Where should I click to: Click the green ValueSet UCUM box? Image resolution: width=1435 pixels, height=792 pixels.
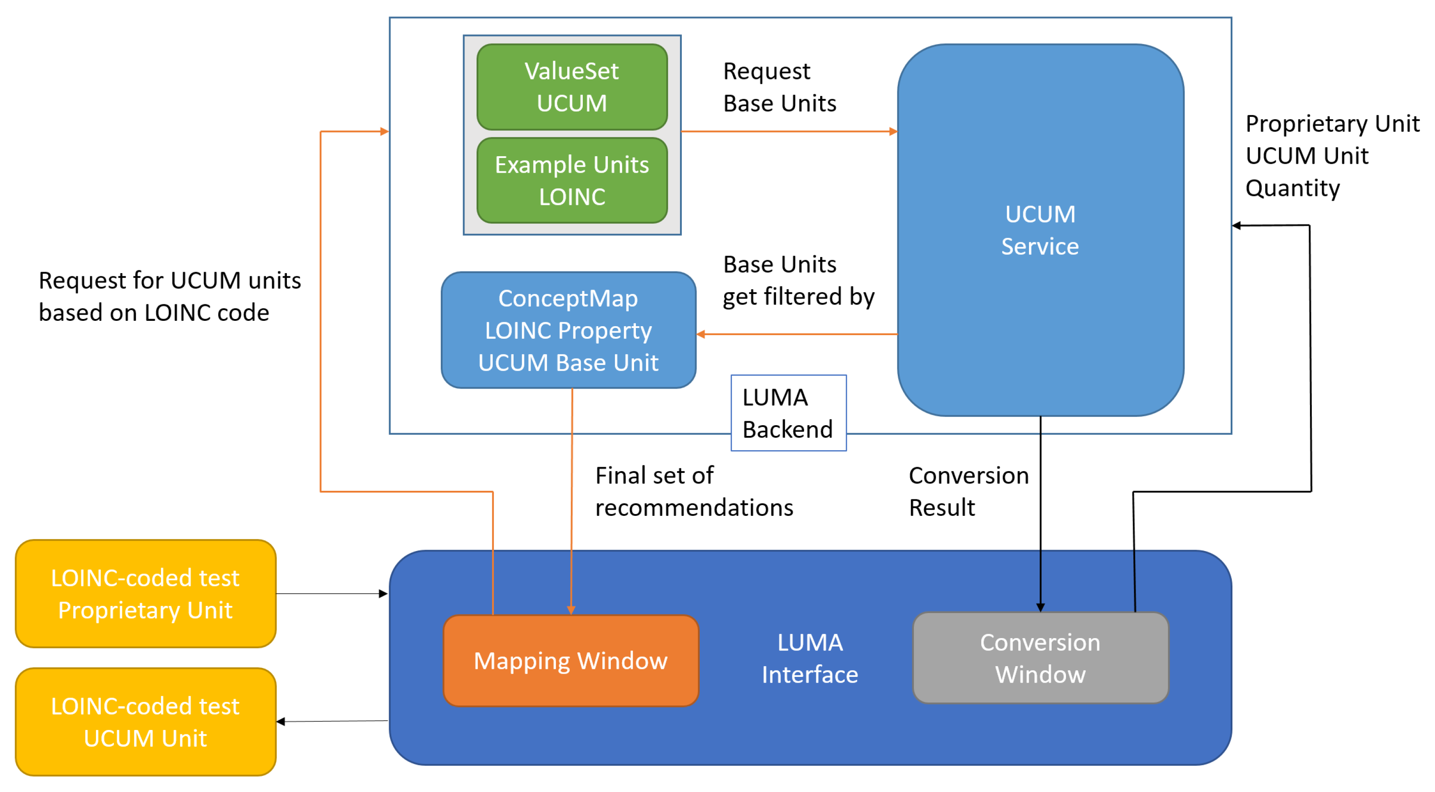[572, 87]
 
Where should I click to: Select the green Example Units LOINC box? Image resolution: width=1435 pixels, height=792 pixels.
[572, 180]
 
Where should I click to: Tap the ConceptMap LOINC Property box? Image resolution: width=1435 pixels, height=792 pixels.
[568, 330]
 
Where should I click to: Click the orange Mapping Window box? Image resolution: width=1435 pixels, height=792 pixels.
[570, 660]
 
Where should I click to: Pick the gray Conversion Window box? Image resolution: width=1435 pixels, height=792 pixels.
[1040, 658]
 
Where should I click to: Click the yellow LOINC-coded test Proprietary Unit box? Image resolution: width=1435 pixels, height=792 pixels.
[145, 594]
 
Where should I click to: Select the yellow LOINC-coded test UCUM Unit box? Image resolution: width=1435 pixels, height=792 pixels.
[145, 722]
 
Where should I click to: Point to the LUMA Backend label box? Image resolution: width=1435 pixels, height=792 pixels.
[788, 413]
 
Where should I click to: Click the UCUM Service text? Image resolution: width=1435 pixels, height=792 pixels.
[1040, 230]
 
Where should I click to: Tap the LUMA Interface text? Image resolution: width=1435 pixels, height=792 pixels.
[809, 658]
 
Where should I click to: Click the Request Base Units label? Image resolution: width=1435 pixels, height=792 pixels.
[780, 87]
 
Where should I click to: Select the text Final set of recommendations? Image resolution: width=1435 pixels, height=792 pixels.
[693, 491]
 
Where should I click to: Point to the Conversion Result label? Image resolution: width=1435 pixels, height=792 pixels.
[968, 491]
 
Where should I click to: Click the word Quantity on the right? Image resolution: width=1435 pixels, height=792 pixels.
[1292, 188]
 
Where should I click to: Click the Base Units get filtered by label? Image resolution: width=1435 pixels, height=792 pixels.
[798, 280]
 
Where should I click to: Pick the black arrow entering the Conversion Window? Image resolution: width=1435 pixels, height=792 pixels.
[1040, 606]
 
